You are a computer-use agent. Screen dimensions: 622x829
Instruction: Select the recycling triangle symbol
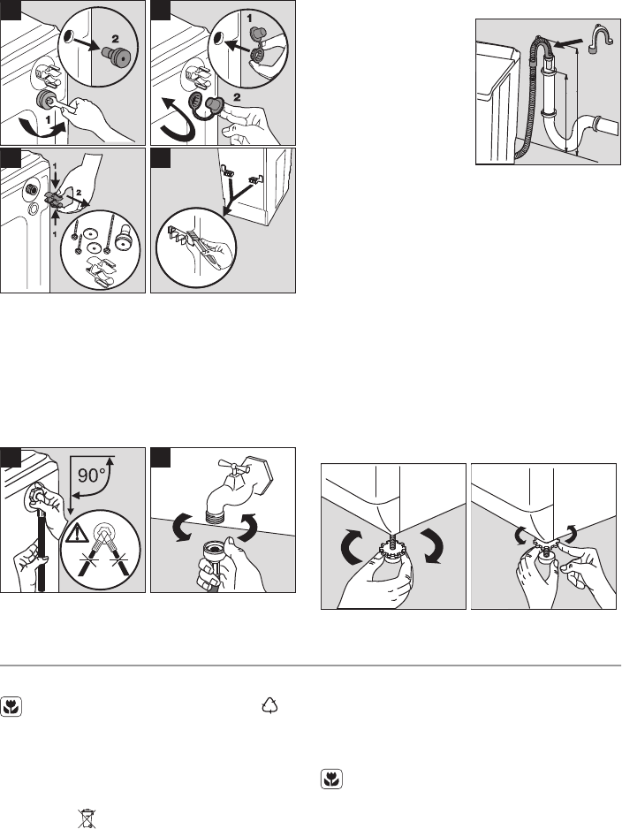point(270,705)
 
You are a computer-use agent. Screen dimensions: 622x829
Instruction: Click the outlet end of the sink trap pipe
point(608,126)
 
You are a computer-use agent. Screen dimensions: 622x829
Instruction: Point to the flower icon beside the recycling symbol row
point(11,707)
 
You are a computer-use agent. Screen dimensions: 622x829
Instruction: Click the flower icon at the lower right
point(331,780)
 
